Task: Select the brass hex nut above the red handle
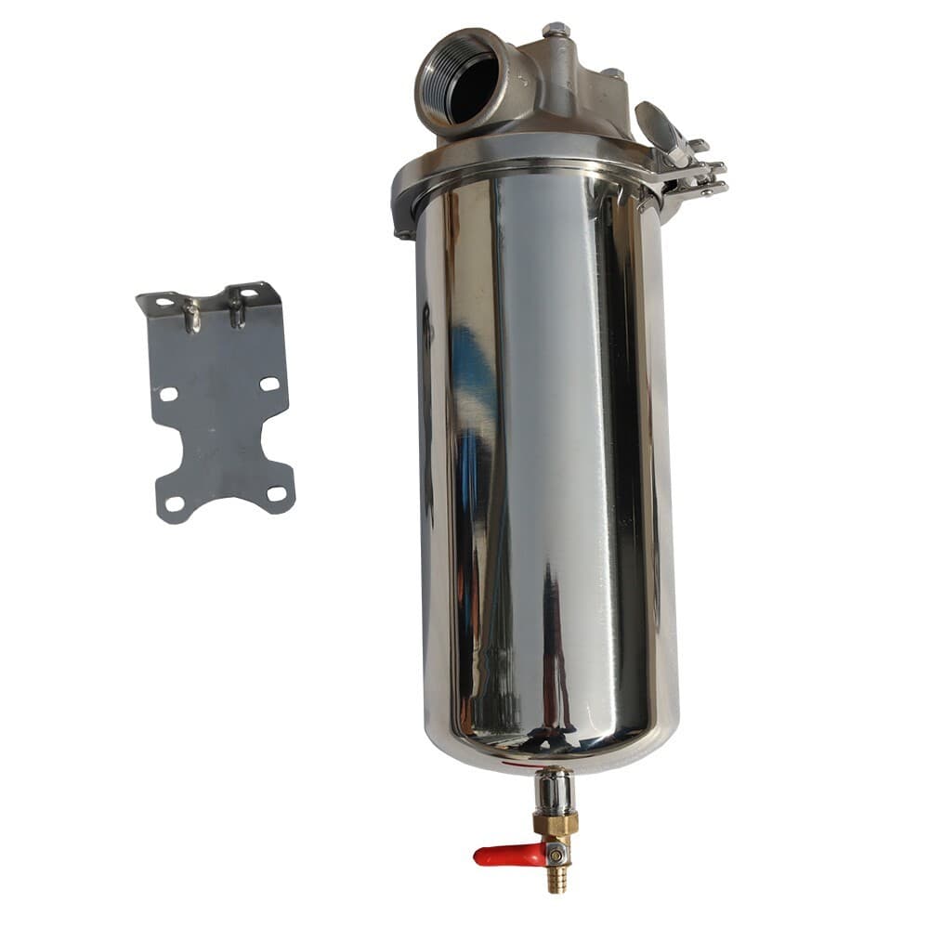[556, 823]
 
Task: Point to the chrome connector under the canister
[555, 791]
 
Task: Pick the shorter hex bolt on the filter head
[614, 74]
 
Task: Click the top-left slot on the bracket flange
[164, 302]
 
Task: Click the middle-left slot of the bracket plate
[168, 394]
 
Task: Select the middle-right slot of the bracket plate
[269, 384]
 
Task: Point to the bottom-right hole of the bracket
[276, 493]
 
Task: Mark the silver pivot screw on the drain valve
[555, 850]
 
